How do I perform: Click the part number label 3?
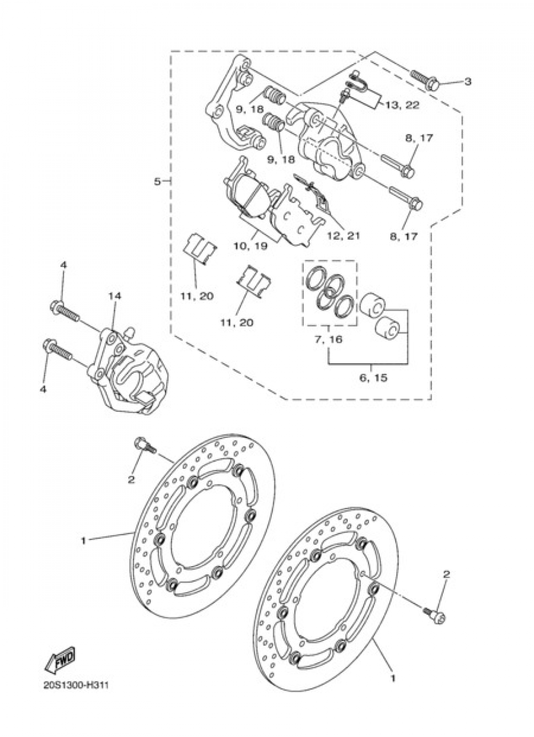pyautogui.click(x=467, y=82)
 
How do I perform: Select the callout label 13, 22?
pyautogui.click(x=401, y=106)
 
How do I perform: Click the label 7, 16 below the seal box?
pyautogui.click(x=329, y=339)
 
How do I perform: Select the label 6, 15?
pyautogui.click(x=373, y=378)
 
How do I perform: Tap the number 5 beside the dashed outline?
pyautogui.click(x=157, y=182)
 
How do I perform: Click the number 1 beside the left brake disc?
pyautogui.click(x=83, y=540)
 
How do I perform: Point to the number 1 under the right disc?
pyautogui.click(x=393, y=679)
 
